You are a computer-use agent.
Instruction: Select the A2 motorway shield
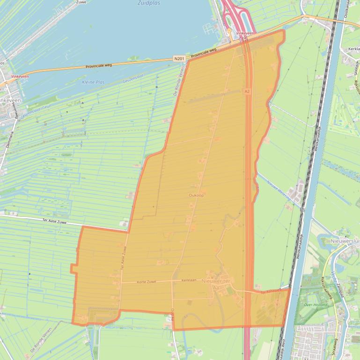[x=247, y=92]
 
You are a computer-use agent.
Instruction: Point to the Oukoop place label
[x=196, y=195]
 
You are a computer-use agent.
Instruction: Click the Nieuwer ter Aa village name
[x=216, y=281]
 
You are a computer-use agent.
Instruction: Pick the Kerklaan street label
[x=190, y=280]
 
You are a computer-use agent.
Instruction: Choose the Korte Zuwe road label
[x=147, y=282]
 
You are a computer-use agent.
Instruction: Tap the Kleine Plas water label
[x=93, y=82]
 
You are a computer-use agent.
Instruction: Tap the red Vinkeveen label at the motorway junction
[x=245, y=34]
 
